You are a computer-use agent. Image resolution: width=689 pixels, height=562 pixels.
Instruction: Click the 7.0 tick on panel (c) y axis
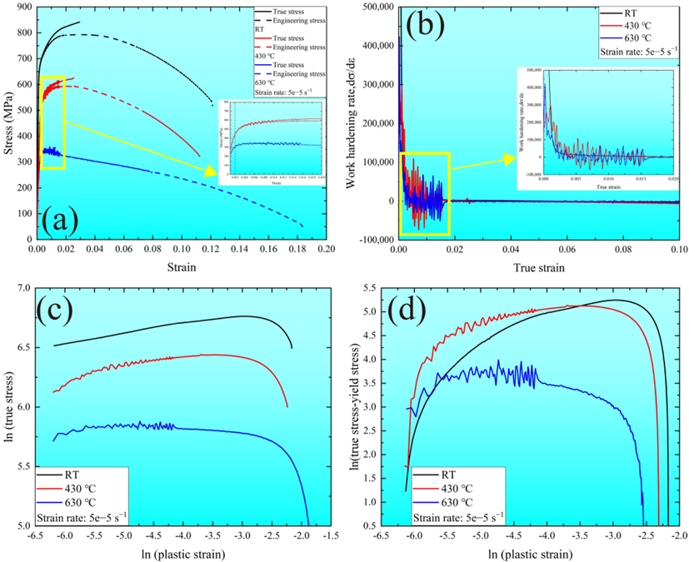[x=22, y=288]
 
